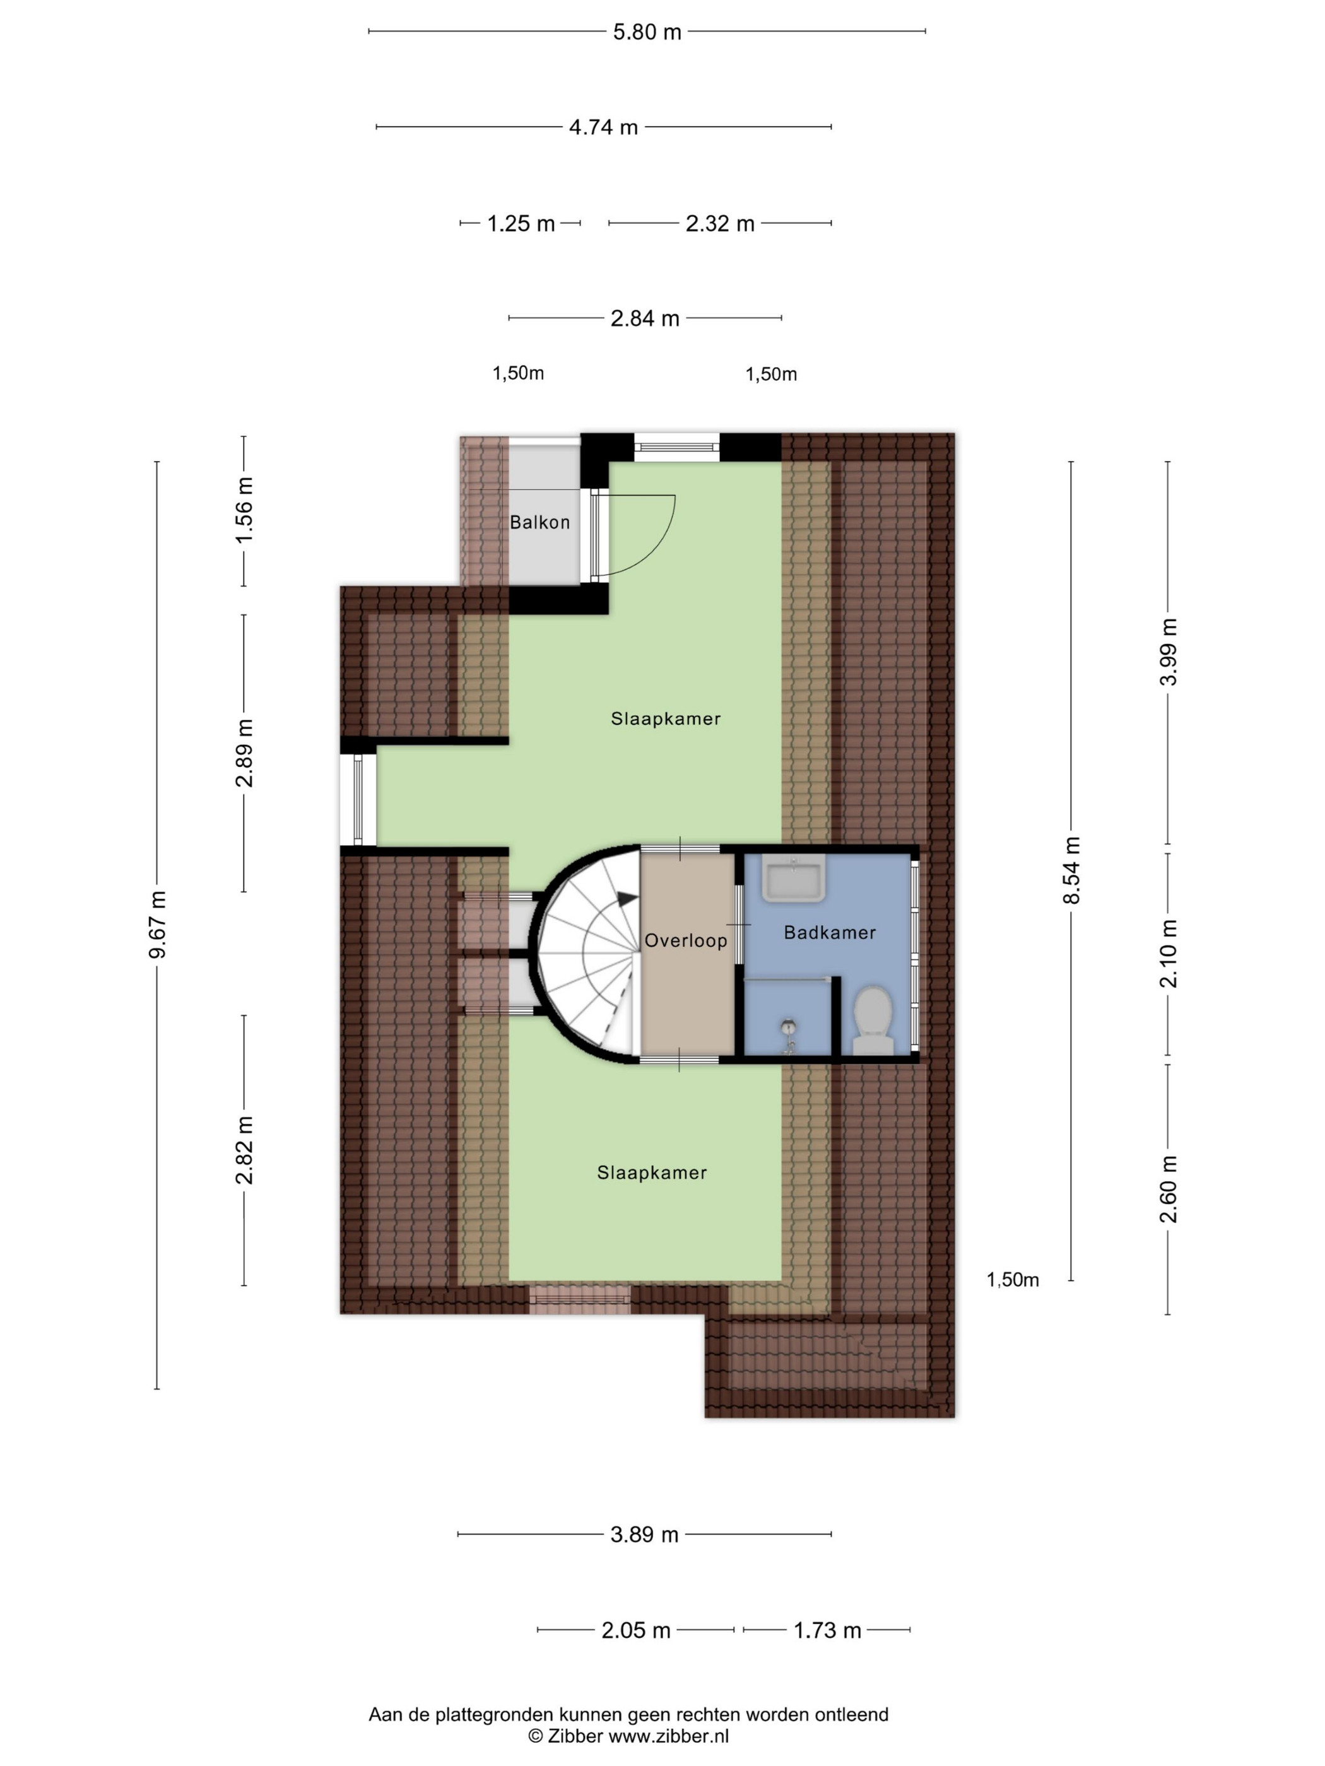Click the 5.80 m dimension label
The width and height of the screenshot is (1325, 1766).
point(647,32)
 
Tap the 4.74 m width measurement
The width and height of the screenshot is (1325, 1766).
point(603,127)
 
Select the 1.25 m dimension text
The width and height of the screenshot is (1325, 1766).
point(521,223)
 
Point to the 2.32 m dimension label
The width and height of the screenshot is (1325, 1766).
point(720,223)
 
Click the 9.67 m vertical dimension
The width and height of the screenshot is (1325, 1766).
point(157,925)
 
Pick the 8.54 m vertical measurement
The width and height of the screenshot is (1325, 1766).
point(1072,870)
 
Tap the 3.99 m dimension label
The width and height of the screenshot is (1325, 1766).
point(1169,652)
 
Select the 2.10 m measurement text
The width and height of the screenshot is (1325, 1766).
point(1169,953)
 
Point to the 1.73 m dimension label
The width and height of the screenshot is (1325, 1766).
point(827,1630)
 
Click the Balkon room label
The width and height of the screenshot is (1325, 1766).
point(540,522)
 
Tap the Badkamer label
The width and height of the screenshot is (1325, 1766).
point(830,932)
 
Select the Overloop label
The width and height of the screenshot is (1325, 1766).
point(686,940)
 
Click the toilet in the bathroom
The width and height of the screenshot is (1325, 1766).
point(873,1020)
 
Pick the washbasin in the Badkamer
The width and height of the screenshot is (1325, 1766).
point(793,879)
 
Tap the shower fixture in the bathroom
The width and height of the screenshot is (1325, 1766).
point(788,1036)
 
